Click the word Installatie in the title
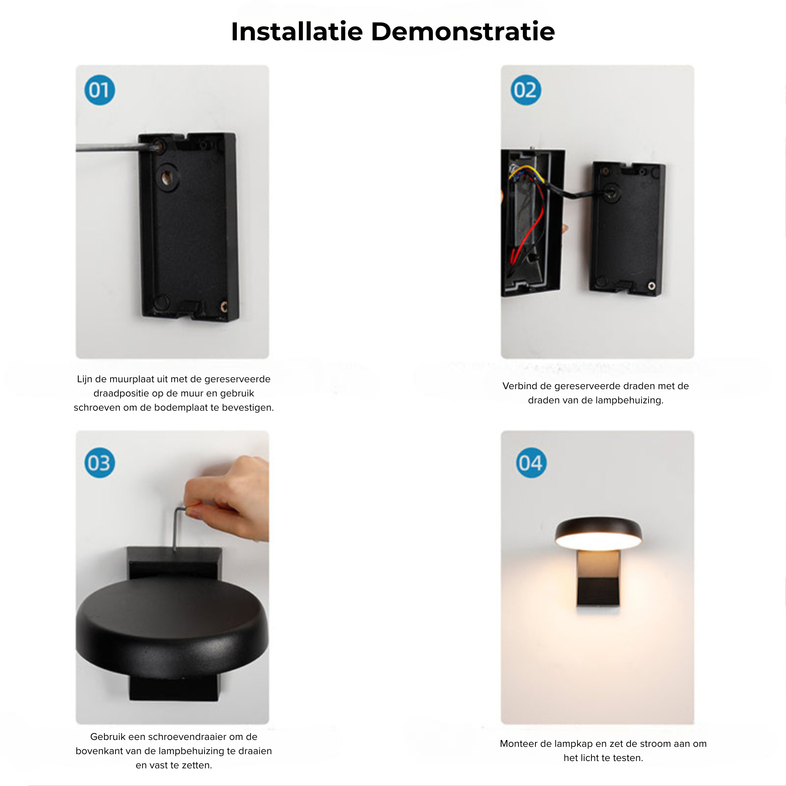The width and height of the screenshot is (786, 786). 297,31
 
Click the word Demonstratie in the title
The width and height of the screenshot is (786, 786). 463,31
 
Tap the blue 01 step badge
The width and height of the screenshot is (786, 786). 100,90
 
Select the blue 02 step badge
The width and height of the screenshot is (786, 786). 526,90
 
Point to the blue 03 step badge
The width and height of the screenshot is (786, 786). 100,463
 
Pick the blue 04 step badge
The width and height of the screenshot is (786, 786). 531,463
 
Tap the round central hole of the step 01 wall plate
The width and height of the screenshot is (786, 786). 167,177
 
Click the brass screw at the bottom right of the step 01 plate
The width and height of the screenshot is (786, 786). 223,307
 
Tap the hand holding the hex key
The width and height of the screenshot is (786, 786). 228,499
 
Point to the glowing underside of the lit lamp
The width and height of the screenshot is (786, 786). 598,541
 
